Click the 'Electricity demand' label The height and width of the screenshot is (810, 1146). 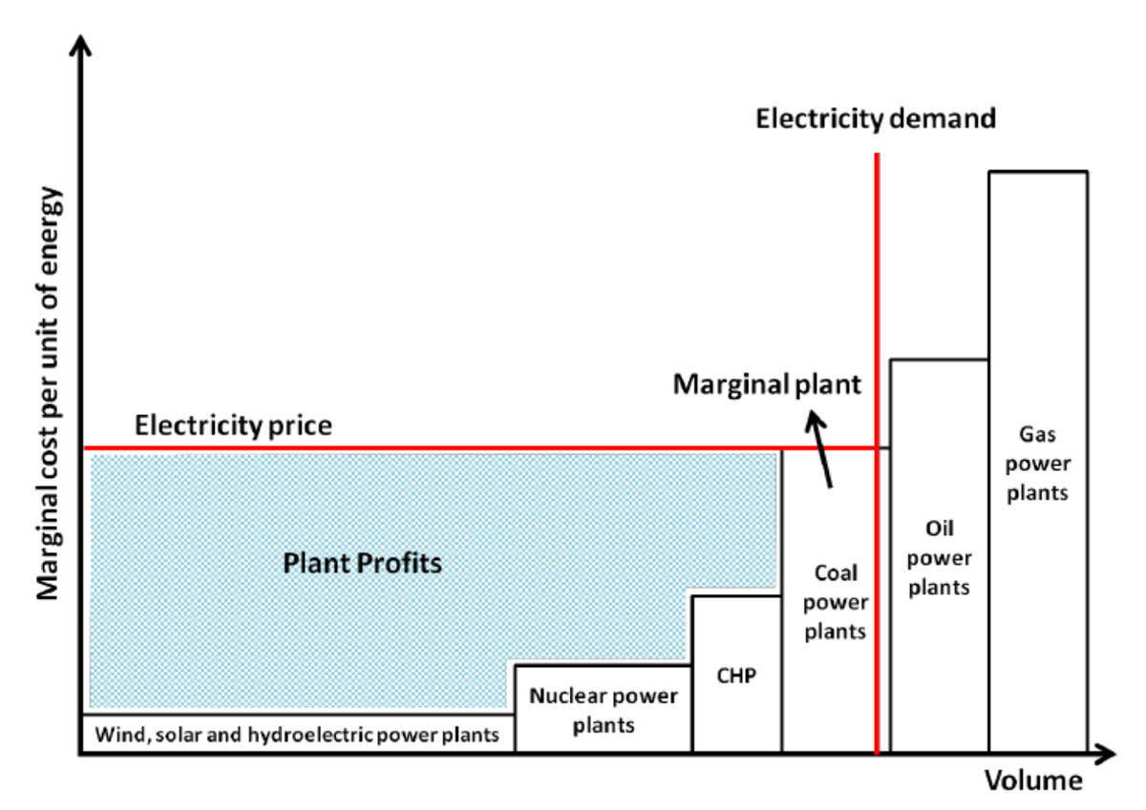876,119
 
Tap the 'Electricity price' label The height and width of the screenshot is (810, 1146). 233,425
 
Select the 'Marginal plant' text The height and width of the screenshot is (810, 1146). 767,384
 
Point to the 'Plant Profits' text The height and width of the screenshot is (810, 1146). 363,563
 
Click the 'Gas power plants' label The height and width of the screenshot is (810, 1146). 1037,465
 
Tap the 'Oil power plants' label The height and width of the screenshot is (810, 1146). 939,558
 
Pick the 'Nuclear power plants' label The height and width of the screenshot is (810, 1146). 604,710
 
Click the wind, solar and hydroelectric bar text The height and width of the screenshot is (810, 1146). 297,736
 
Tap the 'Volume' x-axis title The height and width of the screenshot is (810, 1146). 1034,781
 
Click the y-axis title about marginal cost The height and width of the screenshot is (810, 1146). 50,391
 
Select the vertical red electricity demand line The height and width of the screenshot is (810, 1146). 877,286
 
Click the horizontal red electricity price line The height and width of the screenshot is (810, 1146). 430,447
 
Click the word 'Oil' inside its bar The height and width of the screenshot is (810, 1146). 939,529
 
